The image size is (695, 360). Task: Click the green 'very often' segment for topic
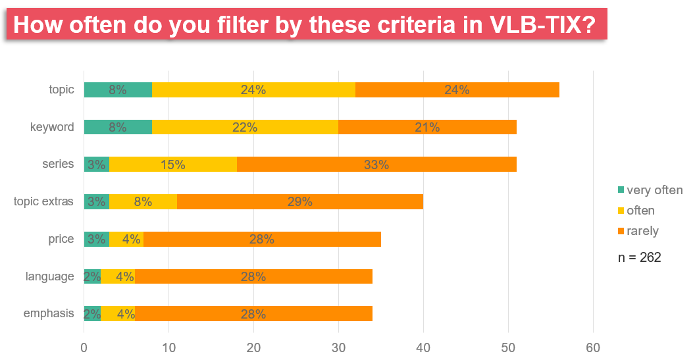click(118, 90)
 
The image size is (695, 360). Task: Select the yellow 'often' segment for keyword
click(245, 128)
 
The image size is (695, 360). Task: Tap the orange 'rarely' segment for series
click(376, 165)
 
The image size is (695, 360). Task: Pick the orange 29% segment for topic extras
click(300, 202)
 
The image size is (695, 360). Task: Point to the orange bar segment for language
click(253, 276)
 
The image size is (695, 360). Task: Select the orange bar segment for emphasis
click(253, 314)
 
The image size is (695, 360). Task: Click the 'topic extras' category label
click(43, 201)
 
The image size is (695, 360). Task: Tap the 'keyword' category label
click(52, 127)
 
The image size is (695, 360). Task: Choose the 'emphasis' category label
click(49, 313)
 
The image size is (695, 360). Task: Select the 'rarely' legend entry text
click(642, 231)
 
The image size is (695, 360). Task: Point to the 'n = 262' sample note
click(638, 257)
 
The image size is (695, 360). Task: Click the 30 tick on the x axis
click(338, 346)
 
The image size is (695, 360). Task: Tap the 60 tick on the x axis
click(593, 346)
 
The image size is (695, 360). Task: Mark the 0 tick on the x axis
click(84, 346)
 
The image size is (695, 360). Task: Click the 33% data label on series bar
click(376, 165)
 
